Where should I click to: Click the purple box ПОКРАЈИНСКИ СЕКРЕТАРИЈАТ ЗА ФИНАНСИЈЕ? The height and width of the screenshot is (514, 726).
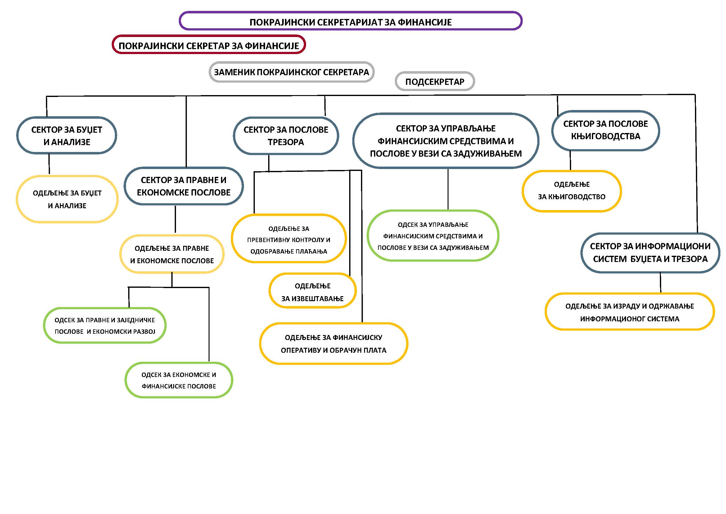coord(350,21)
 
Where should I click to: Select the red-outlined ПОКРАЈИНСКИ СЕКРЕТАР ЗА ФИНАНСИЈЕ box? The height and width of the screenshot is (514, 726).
coord(209,45)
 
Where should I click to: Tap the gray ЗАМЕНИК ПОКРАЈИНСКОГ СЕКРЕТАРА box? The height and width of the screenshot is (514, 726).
coord(291,72)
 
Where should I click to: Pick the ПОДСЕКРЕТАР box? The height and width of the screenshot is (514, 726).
coord(435,81)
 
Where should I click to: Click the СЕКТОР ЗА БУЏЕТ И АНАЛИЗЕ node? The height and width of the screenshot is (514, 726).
coord(67,135)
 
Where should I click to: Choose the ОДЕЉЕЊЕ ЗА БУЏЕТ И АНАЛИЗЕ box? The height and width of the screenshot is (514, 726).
coord(67,199)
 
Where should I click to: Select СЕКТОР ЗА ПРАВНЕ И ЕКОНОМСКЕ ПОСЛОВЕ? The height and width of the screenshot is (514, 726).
coord(184,186)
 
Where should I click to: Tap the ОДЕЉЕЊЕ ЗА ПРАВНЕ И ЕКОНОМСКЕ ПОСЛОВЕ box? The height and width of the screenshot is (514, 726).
coord(172,254)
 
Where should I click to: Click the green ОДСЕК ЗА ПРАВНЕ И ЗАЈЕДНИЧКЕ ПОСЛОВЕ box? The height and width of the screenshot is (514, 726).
coord(105,325)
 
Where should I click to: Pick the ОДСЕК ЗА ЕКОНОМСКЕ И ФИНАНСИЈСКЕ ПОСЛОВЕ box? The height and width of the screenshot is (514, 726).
coord(179,380)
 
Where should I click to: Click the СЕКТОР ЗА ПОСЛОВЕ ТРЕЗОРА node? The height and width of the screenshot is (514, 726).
coord(286,135)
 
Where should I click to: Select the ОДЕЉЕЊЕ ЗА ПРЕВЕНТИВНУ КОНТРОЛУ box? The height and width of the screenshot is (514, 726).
coord(289,239)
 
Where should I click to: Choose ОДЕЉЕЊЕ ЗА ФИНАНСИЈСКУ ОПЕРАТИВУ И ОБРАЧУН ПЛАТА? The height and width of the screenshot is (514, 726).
coord(334,344)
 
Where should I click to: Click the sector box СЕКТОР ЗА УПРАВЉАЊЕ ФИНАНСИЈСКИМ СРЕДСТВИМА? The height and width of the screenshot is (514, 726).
coord(446,141)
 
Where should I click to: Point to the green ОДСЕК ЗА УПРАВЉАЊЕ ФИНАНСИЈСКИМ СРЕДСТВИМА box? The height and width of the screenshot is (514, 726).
coord(433,236)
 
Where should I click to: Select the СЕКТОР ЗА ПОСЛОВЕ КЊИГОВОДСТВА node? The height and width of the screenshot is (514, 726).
coord(606,130)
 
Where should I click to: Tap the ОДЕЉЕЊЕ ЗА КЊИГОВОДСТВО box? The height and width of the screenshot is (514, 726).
coord(572,191)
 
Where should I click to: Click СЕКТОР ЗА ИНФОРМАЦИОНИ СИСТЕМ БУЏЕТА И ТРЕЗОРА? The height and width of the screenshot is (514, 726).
coord(651,253)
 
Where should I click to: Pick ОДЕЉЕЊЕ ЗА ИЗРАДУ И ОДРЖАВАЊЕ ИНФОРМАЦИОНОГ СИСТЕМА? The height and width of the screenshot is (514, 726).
coord(629,312)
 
